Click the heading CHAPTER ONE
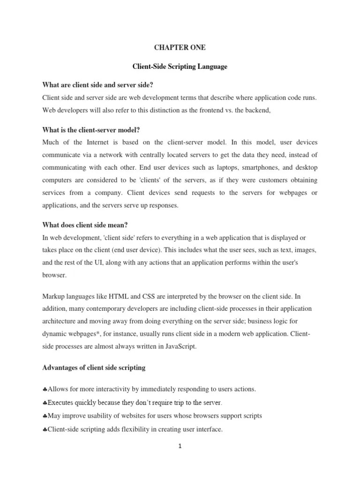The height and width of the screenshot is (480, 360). pyautogui.click(x=180, y=47)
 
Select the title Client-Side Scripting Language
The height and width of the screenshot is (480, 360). pyautogui.click(x=180, y=67)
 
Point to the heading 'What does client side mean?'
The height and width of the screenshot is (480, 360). pyautogui.click(x=85, y=225)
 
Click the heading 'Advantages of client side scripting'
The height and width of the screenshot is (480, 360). pyautogui.click(x=94, y=367)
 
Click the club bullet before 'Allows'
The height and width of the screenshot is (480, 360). pyautogui.click(x=45, y=390)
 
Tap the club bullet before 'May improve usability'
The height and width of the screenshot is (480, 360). pyautogui.click(x=45, y=416)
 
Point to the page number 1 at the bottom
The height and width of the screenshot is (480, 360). pyautogui.click(x=180, y=446)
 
